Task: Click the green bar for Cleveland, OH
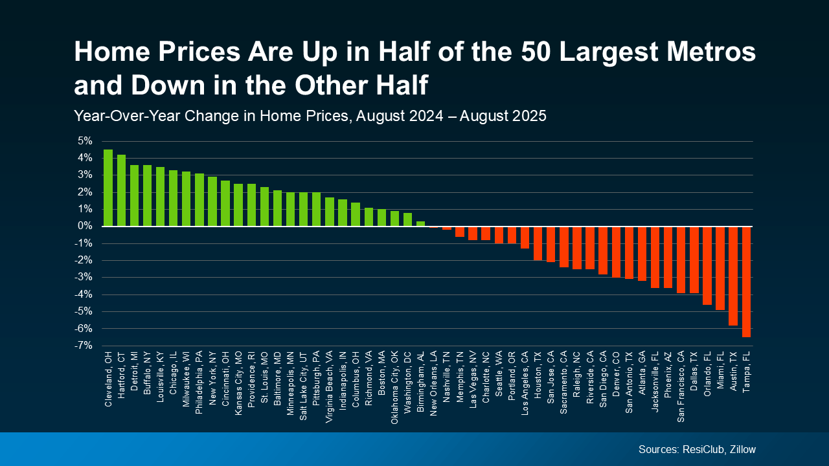click(108, 188)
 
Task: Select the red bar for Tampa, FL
click(746, 282)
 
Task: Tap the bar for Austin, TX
click(733, 276)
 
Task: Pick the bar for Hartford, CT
click(121, 191)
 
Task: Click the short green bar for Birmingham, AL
click(420, 224)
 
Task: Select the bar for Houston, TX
click(538, 243)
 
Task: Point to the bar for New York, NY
click(212, 202)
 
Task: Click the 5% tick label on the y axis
click(85, 141)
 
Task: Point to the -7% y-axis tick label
click(84, 346)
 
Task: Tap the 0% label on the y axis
click(85, 227)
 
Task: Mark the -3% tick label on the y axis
click(84, 278)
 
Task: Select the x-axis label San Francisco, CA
click(681, 386)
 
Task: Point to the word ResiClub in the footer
click(701, 449)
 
